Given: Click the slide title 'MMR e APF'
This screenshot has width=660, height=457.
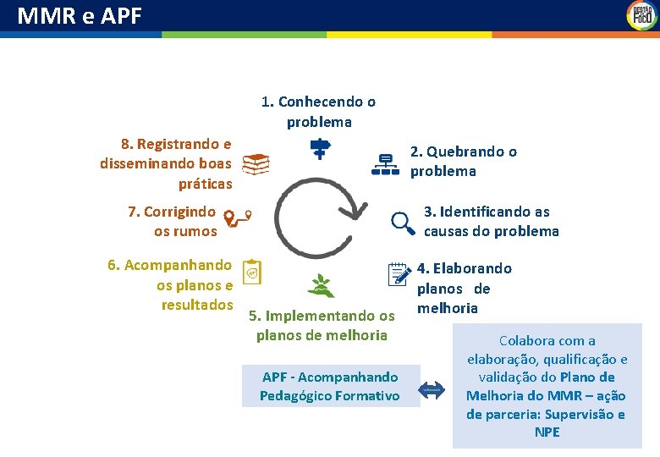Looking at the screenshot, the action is tap(80, 15).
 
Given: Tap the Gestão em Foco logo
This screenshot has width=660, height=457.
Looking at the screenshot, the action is tap(641, 15).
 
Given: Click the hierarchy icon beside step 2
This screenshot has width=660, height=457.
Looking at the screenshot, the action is tap(385, 164).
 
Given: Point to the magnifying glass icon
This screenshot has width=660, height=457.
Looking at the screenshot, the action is tap(403, 223).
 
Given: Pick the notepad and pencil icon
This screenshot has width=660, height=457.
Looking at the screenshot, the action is tap(399, 274).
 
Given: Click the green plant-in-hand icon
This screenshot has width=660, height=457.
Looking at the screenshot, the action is tap(321, 285).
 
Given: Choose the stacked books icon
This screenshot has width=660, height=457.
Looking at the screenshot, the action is tap(256, 164).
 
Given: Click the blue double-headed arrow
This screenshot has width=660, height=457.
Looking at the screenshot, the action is tap(432, 389).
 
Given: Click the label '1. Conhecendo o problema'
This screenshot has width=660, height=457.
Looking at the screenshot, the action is tap(319, 112).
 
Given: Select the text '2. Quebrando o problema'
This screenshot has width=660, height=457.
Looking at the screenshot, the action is tap(463, 161).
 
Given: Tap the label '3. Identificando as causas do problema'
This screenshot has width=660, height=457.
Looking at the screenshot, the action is tap(491, 221).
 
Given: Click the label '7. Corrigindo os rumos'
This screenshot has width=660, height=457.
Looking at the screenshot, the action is tap(173, 221).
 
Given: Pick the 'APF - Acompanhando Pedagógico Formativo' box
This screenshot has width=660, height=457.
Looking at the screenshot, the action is tap(330, 386).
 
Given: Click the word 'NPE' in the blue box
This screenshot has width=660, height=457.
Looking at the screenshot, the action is tap(547, 432).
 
